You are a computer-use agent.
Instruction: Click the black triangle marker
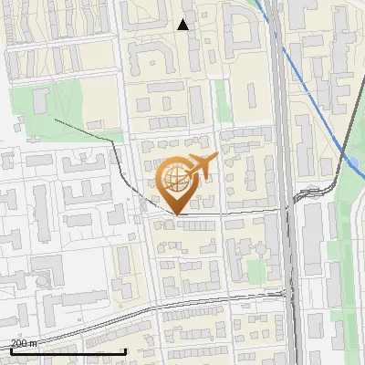coord(182,25)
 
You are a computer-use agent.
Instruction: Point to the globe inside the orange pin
coord(175,178)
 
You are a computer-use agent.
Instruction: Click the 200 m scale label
coord(24,343)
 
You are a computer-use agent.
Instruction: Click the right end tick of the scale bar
coord(125,349)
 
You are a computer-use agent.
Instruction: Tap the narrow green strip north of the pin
coord(221,100)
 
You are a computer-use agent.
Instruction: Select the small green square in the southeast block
coord(255,271)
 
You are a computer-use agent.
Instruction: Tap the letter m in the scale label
coord(33,343)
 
